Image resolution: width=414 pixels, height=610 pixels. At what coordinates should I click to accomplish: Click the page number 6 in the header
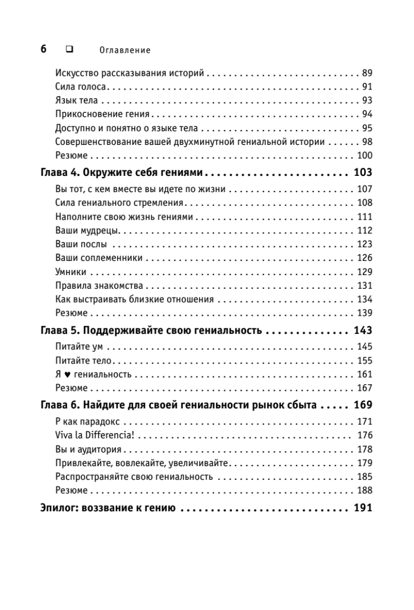43,49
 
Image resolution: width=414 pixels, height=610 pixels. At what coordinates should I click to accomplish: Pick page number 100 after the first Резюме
365,156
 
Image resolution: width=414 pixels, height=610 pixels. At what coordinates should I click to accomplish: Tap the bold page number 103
363,172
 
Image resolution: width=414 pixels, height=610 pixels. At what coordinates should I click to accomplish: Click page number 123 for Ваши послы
365,245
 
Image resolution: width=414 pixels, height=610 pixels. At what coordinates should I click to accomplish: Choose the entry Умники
71,272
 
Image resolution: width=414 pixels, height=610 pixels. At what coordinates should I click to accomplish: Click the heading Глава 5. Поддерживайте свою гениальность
151,330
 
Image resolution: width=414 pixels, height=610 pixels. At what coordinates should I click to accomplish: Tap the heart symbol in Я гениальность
64,375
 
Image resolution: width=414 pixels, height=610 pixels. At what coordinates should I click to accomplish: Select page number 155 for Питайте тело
365,361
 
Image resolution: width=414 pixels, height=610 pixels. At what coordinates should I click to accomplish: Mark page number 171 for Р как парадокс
365,422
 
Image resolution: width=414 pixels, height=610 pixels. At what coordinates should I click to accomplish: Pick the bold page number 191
363,508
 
